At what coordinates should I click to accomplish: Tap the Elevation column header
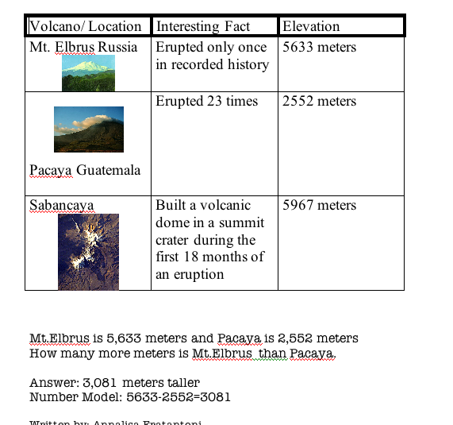pyautogui.click(x=311, y=26)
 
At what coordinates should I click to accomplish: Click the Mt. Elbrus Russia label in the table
pyautogui.click(x=83, y=47)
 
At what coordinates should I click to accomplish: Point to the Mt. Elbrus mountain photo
pyautogui.click(x=87, y=72)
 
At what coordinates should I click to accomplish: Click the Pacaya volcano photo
pyautogui.click(x=88, y=129)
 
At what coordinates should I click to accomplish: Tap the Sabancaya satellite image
pyautogui.click(x=88, y=251)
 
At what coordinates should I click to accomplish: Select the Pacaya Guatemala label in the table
pyautogui.click(x=85, y=170)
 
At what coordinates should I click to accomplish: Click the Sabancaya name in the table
pyautogui.click(x=61, y=205)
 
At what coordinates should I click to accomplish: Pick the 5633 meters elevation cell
pyautogui.click(x=320, y=47)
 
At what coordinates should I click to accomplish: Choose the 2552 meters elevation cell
pyautogui.click(x=320, y=101)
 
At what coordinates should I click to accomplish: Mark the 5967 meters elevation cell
pyautogui.click(x=320, y=205)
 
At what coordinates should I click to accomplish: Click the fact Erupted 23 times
pyautogui.click(x=206, y=101)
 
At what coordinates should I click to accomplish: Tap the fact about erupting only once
pyautogui.click(x=212, y=56)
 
